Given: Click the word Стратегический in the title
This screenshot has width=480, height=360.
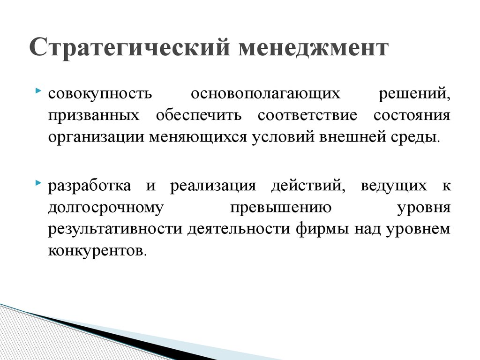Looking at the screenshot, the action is pyautogui.click(x=129, y=47).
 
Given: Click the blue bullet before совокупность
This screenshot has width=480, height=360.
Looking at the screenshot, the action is pyautogui.click(x=38, y=90).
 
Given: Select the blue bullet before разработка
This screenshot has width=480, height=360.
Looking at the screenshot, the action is pyautogui.click(x=38, y=183).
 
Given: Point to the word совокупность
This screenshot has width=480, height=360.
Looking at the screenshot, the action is pyautogui.click(x=100, y=94).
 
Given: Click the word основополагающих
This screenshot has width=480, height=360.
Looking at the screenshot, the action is pyautogui.click(x=265, y=94).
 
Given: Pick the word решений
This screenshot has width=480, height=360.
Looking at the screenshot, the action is pyautogui.click(x=414, y=93).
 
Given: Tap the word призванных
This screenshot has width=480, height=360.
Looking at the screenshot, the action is pyautogui.click(x=94, y=116).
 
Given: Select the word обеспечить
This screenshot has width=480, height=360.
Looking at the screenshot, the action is pyautogui.click(x=199, y=115).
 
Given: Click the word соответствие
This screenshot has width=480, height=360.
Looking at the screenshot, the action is pyautogui.click(x=307, y=115).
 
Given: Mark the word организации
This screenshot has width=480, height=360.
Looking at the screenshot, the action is pyautogui.click(x=96, y=137).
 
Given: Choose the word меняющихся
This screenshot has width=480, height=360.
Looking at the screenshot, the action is pyautogui.click(x=198, y=137).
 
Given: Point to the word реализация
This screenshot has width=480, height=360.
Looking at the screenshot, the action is pyautogui.click(x=213, y=186).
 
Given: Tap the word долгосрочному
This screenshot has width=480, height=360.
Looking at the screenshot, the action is pyautogui.click(x=105, y=208).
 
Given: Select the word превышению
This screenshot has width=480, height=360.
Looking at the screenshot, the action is pyautogui.click(x=281, y=208).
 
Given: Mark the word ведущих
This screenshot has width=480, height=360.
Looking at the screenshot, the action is pyautogui.click(x=394, y=186).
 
